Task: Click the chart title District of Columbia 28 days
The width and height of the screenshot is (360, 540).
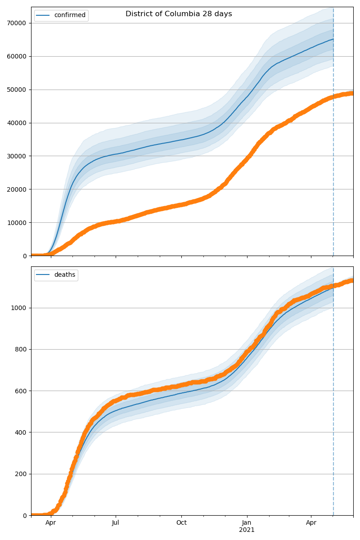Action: click(x=179, y=14)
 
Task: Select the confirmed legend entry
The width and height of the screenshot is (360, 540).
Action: click(x=69, y=15)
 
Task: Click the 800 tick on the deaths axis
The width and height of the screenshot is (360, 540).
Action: click(x=21, y=349)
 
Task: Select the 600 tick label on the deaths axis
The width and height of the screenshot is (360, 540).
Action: click(x=21, y=391)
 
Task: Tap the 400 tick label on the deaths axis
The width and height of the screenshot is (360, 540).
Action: click(x=21, y=432)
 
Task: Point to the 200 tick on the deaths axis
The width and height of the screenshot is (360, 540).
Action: click(x=21, y=474)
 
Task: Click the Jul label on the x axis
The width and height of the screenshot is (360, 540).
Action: click(x=116, y=523)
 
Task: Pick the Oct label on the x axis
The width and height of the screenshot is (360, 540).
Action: click(x=181, y=523)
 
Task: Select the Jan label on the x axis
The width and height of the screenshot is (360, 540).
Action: click(x=247, y=523)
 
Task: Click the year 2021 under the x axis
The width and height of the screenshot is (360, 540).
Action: click(x=247, y=530)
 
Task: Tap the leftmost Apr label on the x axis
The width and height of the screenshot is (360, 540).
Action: click(x=50, y=523)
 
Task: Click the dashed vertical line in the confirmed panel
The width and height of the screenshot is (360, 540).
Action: click(x=333, y=135)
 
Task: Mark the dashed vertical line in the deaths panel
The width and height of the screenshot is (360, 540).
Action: click(x=333, y=405)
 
